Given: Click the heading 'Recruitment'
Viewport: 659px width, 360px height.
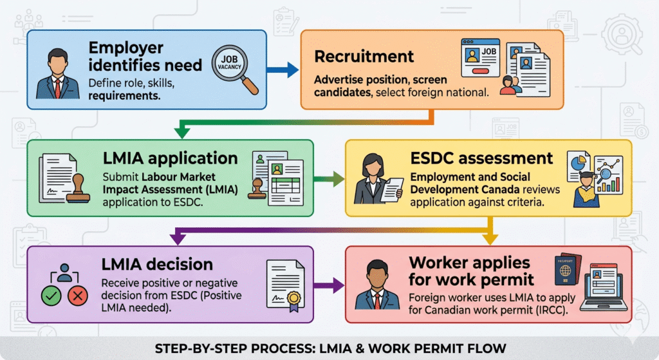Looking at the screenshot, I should pyautogui.click(x=364, y=56).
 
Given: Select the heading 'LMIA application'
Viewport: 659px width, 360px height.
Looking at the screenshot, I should pyautogui.click(x=171, y=158).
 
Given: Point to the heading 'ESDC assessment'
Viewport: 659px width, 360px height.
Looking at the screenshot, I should pyautogui.click(x=481, y=158).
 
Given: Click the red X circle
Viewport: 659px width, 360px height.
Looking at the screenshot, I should pyautogui.click(x=78, y=297).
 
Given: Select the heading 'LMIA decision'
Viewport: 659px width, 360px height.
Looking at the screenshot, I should pyautogui.click(x=158, y=264).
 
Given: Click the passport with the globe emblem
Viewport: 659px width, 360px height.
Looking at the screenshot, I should pyautogui.click(x=564, y=274).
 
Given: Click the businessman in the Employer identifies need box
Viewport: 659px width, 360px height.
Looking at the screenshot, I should pyautogui.click(x=57, y=76).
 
